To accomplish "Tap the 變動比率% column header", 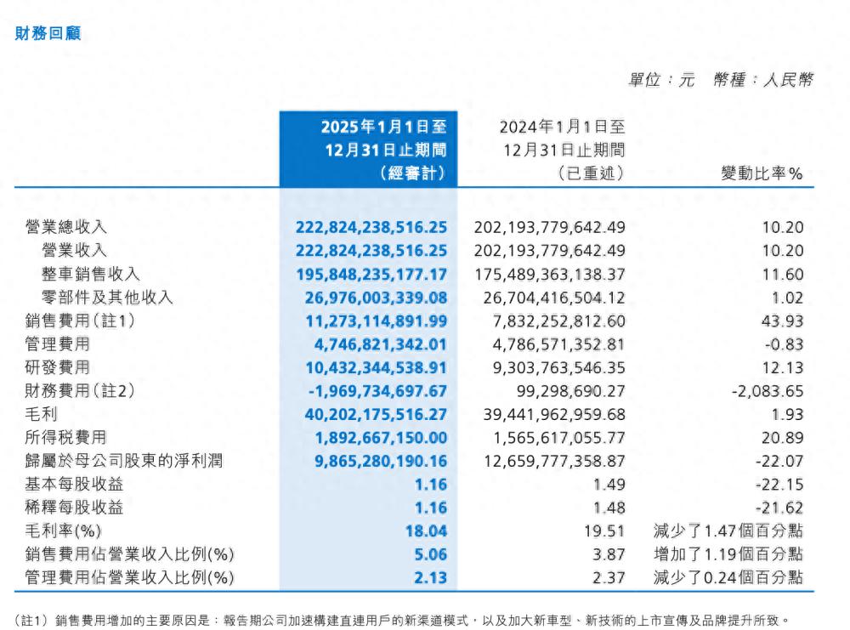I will (x=762, y=174).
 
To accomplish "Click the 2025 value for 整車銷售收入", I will (x=371, y=274).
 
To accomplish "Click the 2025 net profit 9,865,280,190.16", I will (x=371, y=461).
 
